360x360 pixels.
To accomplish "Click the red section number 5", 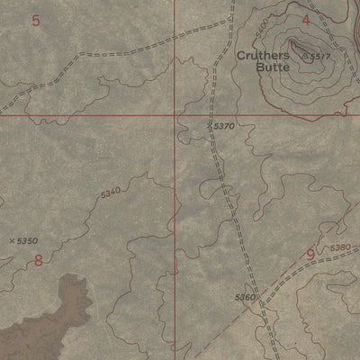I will [x=35, y=20].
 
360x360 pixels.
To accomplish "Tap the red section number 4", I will [x=306, y=19].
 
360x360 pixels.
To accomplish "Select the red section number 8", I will [x=38, y=261].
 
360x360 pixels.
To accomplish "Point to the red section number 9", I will [x=310, y=255].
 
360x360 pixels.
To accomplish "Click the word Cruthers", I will [x=264, y=55].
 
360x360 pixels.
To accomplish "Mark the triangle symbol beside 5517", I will [x=305, y=57].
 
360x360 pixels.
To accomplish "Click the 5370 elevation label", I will [x=224, y=127].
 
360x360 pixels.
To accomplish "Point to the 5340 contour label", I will [x=110, y=193].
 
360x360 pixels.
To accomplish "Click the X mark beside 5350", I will [x=11, y=240].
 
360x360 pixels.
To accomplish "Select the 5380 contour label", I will [x=339, y=247].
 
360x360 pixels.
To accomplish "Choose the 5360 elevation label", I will [x=245, y=297].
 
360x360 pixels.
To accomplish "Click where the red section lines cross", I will [x=174, y=115].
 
